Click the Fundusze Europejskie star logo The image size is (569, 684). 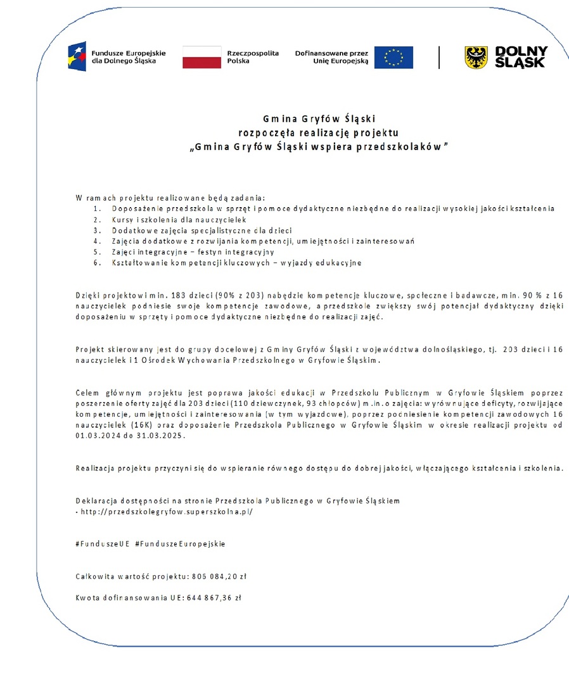click(x=77, y=56)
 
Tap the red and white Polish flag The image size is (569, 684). click(x=201, y=57)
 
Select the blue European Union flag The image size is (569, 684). click(x=393, y=57)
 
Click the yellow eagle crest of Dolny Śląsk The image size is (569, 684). click(x=476, y=57)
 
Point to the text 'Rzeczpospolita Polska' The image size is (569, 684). click(x=253, y=57)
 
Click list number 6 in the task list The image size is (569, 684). click(x=96, y=263)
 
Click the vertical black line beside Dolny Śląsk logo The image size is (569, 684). click(x=439, y=57)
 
